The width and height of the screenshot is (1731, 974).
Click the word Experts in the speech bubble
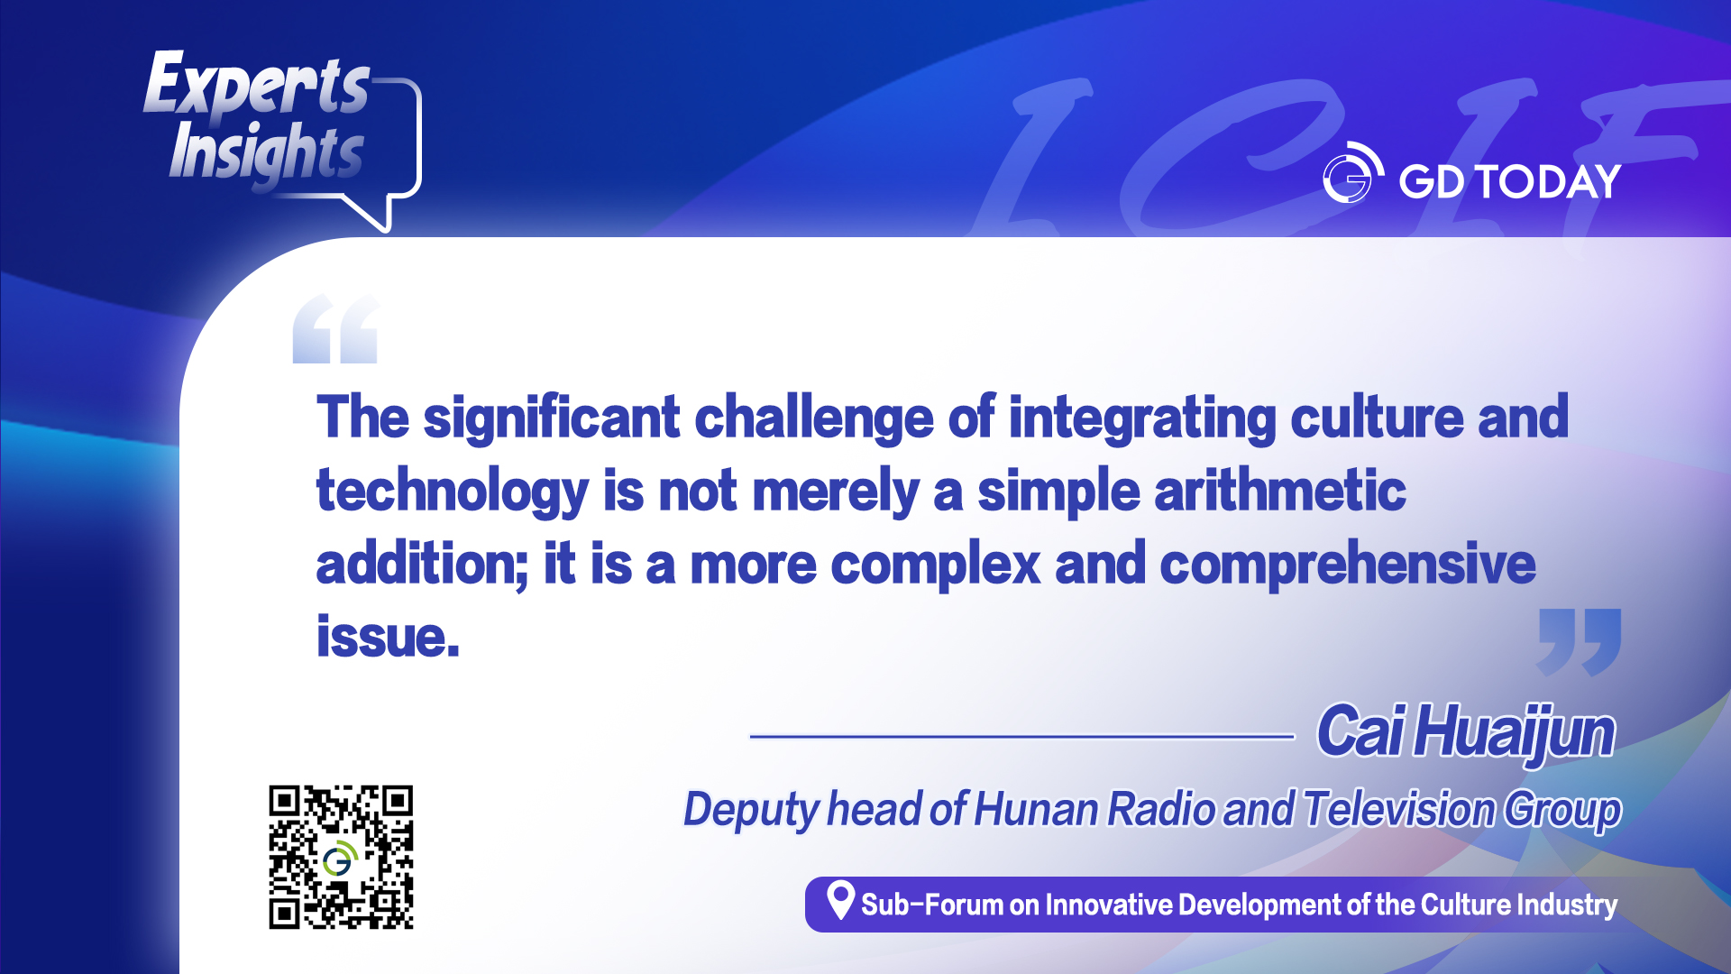(257, 84)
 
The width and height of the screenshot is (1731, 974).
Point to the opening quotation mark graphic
(335, 329)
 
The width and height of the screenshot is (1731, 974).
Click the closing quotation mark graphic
(1579, 642)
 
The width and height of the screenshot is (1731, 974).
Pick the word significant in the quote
(552, 418)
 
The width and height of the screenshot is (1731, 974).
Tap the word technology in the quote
(452, 492)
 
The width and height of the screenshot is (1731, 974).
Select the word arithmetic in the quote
(1280, 492)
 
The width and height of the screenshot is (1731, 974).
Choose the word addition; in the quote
(422, 565)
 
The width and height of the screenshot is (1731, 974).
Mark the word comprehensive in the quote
(1348, 565)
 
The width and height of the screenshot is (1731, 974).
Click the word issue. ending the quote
(388, 637)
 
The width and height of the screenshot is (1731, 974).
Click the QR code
(341, 858)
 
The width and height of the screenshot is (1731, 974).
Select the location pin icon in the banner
(840, 900)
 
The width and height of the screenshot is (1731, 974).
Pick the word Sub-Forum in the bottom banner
(932, 905)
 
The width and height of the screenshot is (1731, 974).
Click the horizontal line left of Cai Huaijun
(1022, 737)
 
